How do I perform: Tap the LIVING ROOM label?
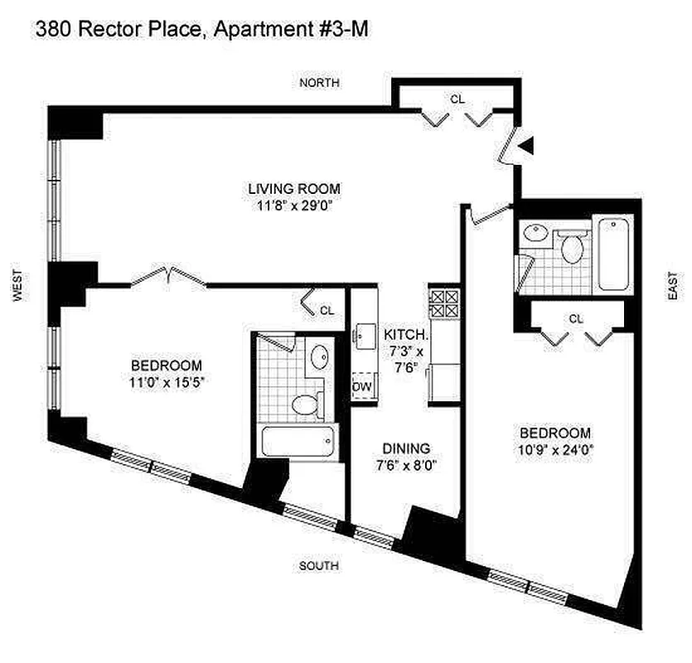[294, 188]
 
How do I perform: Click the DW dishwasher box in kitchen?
[362, 386]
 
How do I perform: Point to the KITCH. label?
[406, 335]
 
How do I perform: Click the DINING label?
[406, 448]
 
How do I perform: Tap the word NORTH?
[319, 83]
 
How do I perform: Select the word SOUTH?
[319, 566]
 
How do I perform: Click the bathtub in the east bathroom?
[614, 253]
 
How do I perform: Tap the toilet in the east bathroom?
[571, 246]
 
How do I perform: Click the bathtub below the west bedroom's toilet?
[298, 442]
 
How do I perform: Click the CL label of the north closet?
[457, 99]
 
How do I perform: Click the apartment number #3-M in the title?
[341, 31]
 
